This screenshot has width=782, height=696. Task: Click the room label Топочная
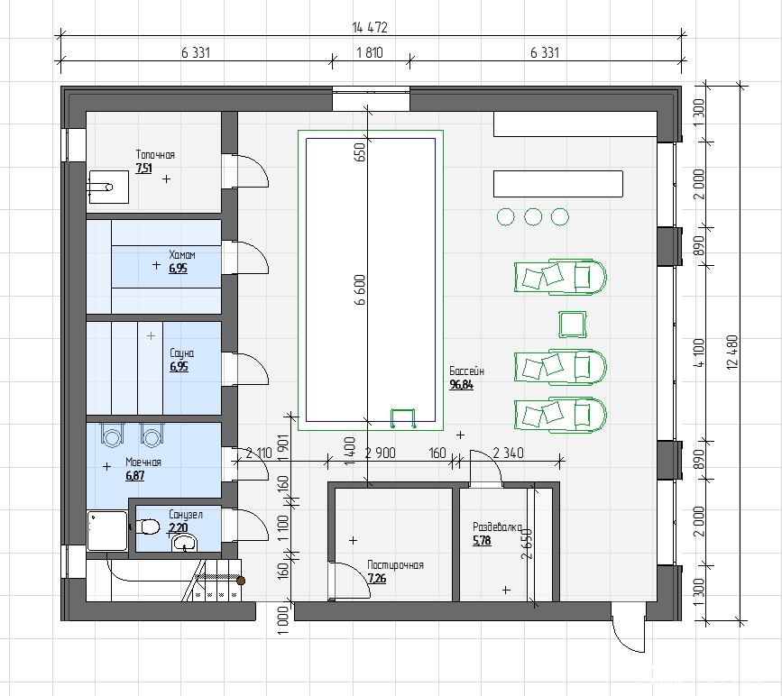pos(155,154)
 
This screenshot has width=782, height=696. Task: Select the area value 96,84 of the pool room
pos(461,385)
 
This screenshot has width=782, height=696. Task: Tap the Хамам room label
pos(182,254)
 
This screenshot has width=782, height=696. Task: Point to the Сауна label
pos(181,353)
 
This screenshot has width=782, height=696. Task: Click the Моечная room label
pos(143,462)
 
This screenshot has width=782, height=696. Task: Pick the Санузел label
pos(186,514)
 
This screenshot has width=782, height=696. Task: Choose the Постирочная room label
pos(395,565)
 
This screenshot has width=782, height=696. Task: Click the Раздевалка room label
pos(497,527)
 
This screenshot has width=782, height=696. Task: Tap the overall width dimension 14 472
pos(370,27)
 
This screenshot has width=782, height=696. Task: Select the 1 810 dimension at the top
pos(370,52)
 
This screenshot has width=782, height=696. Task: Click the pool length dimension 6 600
pos(360,289)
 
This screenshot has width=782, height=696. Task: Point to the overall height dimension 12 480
pos(732,352)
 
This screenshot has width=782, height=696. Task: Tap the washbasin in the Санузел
pos(185,543)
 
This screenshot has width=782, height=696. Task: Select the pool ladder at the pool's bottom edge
pos(403,418)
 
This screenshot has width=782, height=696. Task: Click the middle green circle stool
pos(533,217)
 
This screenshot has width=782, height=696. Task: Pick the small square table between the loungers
pos(572,324)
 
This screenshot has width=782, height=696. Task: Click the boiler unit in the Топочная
pos(109,187)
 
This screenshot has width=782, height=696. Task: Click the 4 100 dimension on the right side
pos(699,353)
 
